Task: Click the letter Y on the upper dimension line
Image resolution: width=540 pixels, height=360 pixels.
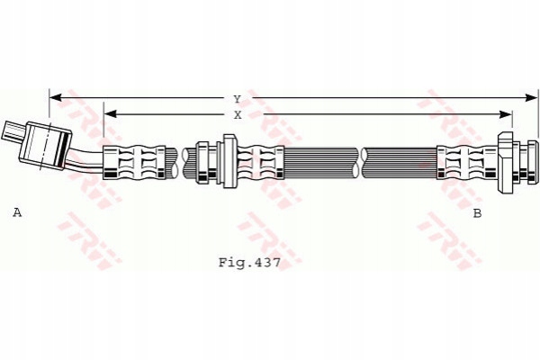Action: coord(237,98)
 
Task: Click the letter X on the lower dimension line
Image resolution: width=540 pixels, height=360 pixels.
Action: coord(237,115)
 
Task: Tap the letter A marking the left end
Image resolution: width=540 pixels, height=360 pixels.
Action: coord(16,212)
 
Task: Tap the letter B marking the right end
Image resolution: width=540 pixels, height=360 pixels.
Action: coord(477,213)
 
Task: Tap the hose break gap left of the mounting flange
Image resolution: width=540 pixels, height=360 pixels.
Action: coord(183,162)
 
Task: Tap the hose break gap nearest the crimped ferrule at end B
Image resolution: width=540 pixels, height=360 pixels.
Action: coord(363,162)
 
